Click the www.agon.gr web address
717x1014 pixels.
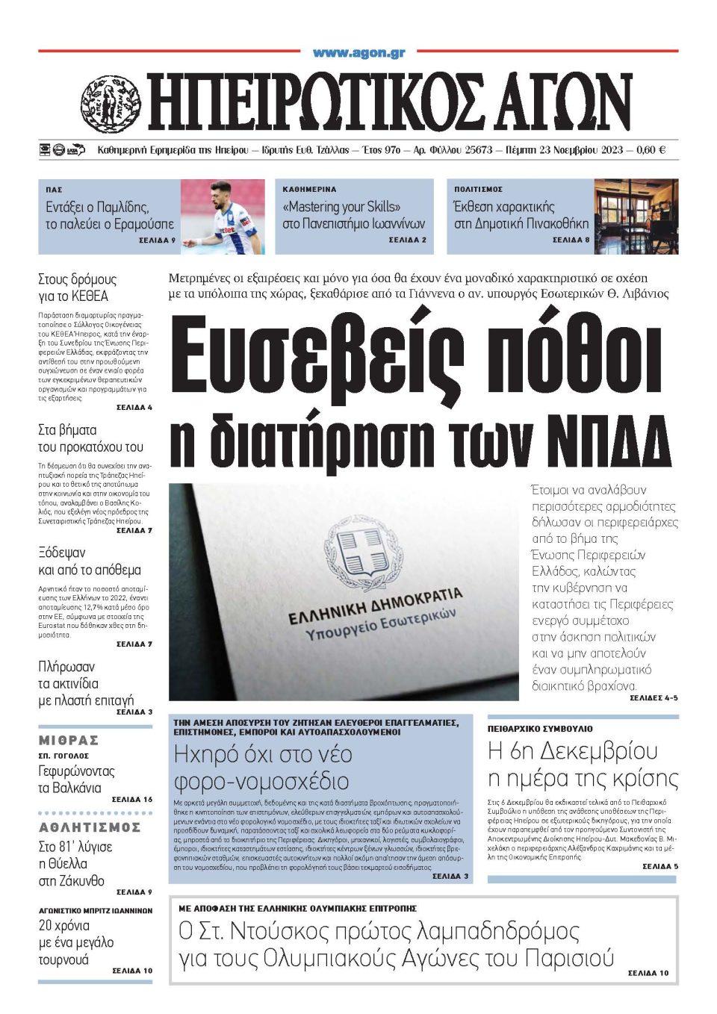tap(358, 52)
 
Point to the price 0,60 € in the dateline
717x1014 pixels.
tap(651, 150)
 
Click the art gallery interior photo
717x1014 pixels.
tap(636, 217)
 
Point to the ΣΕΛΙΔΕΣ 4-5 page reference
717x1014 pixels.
tap(649, 697)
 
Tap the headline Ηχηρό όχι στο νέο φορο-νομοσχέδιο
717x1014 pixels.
tap(262, 768)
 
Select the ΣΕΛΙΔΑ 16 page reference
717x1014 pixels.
tap(131, 799)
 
